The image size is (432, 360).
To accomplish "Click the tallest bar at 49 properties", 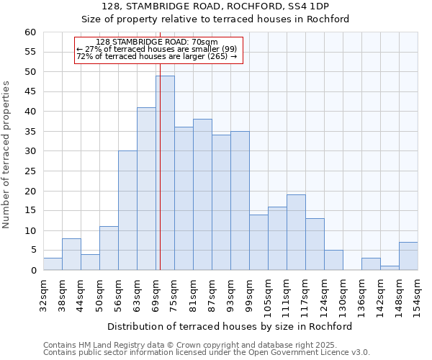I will click(165, 173).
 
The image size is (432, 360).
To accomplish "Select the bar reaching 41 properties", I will click(146, 189).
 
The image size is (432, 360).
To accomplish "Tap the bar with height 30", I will click(127, 210).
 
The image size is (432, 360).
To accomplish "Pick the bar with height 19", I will click(296, 232).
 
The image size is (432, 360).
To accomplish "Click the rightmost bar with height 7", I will click(408, 256).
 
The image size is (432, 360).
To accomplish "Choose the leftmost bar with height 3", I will click(53, 264).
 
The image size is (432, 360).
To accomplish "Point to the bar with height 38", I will click(202, 194).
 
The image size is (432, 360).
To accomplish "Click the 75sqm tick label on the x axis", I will click(175, 293).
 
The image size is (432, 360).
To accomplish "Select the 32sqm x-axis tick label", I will click(43, 293).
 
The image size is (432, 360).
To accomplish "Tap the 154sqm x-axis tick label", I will click(418, 293).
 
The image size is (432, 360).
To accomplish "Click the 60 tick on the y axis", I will click(30, 32).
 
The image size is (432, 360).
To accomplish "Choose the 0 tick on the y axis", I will click(33, 271).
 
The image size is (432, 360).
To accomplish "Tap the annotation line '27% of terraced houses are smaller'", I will click(156, 49).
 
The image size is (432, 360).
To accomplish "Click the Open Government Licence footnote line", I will click(207, 352).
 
